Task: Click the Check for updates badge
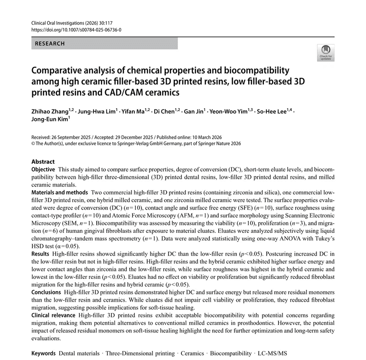coord(326,52)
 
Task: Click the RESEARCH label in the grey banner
coord(49,44)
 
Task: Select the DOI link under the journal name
coord(76,29)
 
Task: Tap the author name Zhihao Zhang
coord(48,111)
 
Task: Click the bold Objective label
coord(43,169)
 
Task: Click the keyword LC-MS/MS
coord(272,354)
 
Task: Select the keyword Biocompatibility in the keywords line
coord(231,354)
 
